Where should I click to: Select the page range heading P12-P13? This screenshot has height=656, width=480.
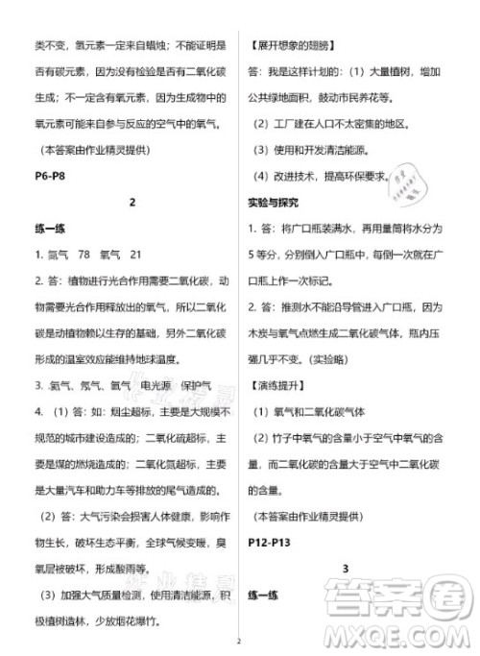point(274,541)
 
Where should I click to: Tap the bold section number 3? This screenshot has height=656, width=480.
point(344,569)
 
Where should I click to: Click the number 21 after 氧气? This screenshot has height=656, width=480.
point(134,254)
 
